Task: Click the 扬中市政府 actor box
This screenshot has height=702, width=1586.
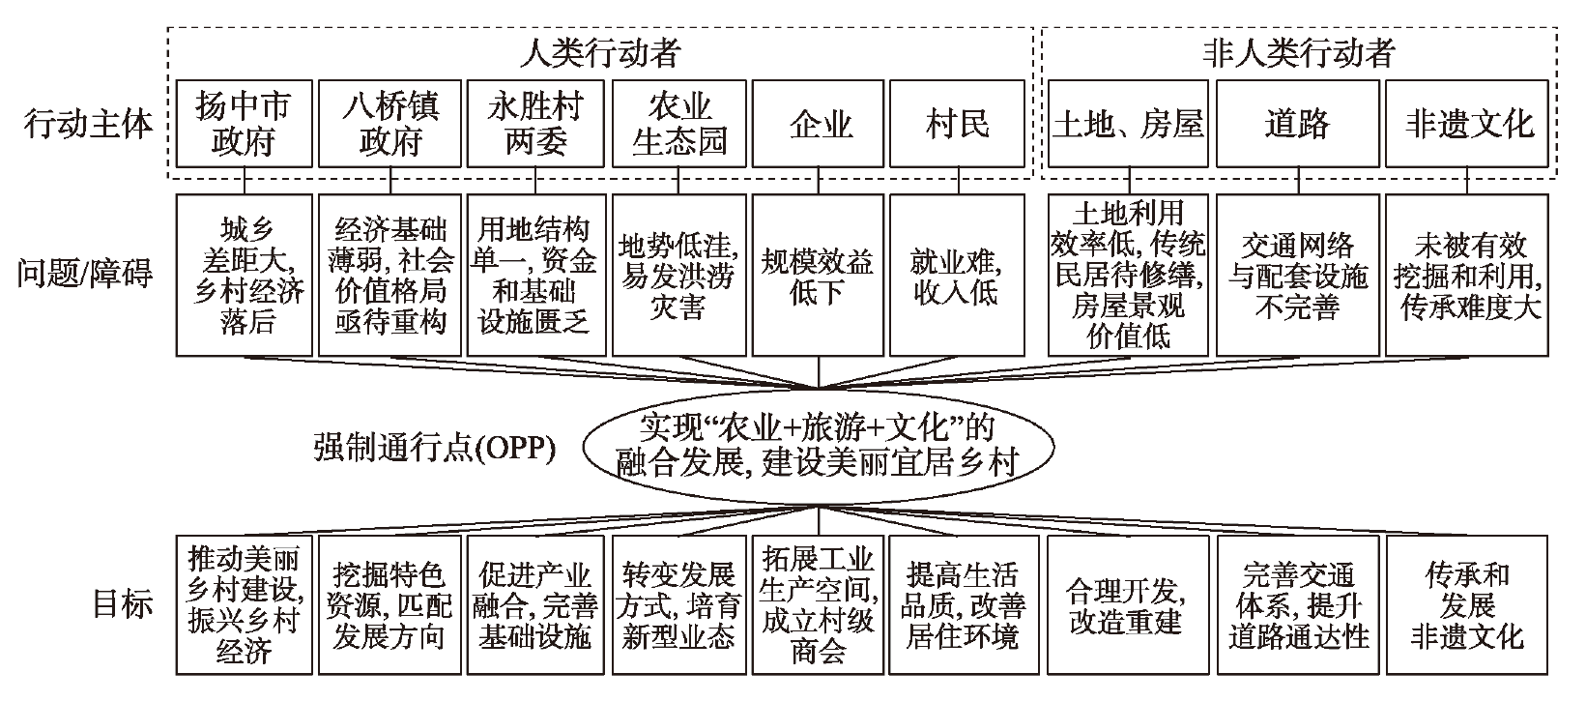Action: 245,123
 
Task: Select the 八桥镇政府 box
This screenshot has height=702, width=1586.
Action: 390,123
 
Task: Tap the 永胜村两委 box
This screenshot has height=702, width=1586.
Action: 536,123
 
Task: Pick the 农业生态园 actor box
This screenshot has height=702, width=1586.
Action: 679,123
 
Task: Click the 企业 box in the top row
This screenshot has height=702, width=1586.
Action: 818,123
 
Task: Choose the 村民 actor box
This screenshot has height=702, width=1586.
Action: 957,123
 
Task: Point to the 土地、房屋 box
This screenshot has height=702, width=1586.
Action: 1128,123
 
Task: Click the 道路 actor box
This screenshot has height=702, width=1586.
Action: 1298,123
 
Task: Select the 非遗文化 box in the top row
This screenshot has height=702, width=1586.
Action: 1467,123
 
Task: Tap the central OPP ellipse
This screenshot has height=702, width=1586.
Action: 819,448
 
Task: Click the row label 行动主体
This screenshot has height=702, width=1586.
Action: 89,124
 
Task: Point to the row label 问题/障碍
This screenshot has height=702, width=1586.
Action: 85,274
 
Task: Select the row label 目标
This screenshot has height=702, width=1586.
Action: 123,604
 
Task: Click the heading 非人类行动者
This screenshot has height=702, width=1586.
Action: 1299,53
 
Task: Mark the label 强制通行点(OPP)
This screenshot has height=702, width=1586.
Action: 435,448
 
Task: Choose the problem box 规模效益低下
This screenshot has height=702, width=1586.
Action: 818,276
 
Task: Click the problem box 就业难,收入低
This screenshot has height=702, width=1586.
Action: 957,276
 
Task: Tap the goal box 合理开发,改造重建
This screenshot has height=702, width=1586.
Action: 1128,605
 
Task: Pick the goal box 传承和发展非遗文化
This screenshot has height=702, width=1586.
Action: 1467,605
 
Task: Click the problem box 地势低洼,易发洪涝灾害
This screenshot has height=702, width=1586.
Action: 679,276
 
